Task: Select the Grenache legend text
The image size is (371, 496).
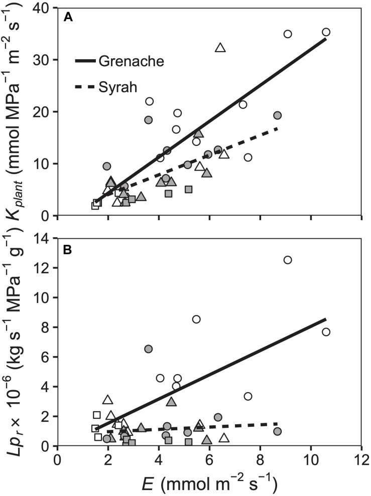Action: [x=132, y=61]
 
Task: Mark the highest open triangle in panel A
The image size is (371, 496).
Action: [x=220, y=48]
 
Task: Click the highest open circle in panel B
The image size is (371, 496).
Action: [x=288, y=260]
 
